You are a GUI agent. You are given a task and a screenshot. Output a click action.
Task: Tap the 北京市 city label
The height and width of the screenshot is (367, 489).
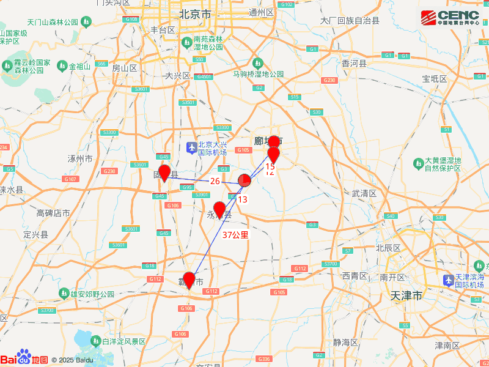point(195,13)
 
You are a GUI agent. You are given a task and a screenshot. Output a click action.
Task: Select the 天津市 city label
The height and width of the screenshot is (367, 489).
point(406,296)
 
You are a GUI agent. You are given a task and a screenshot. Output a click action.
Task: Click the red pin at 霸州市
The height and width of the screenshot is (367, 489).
point(189,280)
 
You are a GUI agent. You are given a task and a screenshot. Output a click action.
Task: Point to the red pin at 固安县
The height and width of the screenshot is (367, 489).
point(164,173)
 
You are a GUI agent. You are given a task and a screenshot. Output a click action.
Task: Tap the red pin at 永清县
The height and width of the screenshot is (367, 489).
point(219,209)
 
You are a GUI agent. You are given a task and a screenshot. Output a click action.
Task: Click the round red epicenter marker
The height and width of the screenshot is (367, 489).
point(244,180)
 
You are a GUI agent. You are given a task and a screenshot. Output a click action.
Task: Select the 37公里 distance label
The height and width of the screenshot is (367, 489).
point(235,235)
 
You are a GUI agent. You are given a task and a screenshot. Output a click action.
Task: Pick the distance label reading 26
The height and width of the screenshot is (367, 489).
point(215,181)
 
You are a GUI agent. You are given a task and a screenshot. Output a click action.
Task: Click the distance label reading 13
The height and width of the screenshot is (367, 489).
point(243,199)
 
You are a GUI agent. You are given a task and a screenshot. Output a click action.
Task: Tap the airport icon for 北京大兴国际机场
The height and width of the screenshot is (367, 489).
point(192,147)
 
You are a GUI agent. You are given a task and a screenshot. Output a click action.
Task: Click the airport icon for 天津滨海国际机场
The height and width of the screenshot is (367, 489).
point(448,280)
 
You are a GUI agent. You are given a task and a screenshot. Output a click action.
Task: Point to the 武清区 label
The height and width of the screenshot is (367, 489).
point(364,193)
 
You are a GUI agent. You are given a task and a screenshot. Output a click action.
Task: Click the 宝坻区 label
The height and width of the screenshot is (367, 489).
point(435,79)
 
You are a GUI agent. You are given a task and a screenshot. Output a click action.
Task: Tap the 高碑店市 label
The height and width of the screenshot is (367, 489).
point(53,213)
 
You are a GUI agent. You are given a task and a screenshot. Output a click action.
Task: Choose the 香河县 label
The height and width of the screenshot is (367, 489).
point(353,64)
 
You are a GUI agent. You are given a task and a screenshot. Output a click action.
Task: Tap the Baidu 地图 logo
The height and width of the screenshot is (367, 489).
point(24,359)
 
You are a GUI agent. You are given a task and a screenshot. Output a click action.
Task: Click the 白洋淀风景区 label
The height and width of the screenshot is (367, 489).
point(124,341)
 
